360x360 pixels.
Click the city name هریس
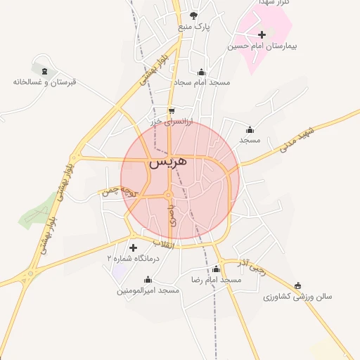coord(169,162)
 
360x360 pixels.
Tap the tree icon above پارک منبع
coord(194,15)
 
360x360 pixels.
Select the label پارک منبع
coord(194,27)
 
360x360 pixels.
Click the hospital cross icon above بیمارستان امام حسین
coord(262,34)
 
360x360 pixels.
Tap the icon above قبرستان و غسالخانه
coord(44,70)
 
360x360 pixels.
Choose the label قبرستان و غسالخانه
coord(44,82)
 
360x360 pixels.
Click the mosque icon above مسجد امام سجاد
coord(202,71)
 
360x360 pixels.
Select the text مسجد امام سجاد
coord(202,82)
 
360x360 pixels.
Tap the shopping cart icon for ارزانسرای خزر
coord(172,111)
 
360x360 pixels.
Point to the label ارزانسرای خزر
coord(171,122)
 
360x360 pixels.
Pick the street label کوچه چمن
coord(117,191)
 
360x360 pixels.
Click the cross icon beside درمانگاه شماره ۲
coord(133,247)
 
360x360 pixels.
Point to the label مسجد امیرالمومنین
coord(149,290)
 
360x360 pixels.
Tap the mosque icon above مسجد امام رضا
coord(216,269)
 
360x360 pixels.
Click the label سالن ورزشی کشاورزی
coord(297,297)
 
